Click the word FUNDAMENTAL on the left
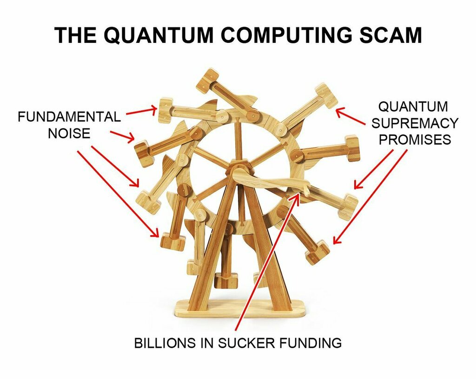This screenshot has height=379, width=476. click(x=69, y=116)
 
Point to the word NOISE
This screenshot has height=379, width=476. click(x=69, y=134)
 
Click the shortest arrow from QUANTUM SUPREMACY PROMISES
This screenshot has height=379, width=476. click(x=350, y=117)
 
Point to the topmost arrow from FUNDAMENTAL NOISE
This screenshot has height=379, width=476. click(x=141, y=110)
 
